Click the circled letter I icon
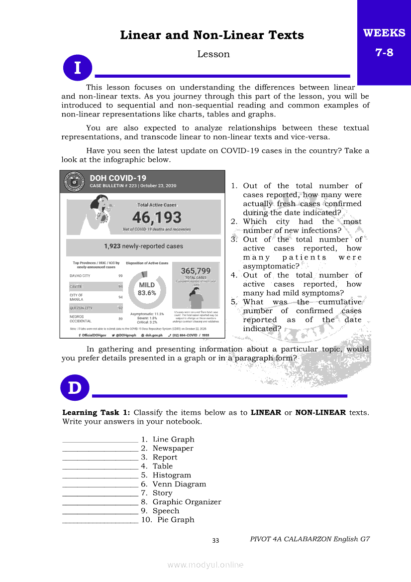point(78,67)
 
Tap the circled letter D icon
point(75,388)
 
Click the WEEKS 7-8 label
point(384,42)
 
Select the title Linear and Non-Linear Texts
point(212,35)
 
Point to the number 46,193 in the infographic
point(157,218)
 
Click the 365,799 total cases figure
point(196,271)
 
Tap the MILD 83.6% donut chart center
point(147,289)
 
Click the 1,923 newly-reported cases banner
point(143,246)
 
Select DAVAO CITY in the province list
point(80,275)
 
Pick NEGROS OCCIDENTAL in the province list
point(81,319)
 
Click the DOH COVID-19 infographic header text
point(118,178)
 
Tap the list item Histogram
point(172,475)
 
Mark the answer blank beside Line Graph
point(100,440)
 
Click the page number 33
point(215,541)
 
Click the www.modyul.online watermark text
point(205,565)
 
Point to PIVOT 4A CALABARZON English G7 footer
point(310,539)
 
